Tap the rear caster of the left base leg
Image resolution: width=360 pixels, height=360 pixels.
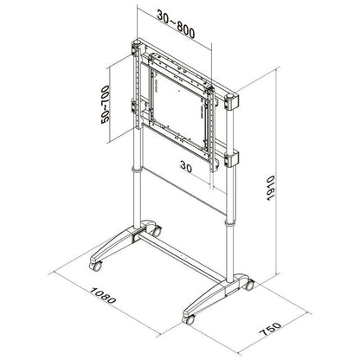157,230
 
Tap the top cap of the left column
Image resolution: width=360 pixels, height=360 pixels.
135,43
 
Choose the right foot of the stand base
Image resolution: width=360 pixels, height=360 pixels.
215,299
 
